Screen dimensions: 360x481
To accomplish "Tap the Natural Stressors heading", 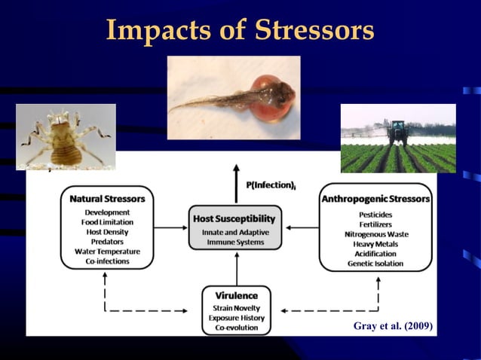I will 107,199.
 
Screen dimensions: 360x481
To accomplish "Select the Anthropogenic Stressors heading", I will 375,199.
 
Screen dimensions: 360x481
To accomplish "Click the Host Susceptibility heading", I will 234,218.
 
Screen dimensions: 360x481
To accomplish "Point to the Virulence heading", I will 237,296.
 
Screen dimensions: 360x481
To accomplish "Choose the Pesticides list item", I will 375,215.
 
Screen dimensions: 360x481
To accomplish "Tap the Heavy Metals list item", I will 375,244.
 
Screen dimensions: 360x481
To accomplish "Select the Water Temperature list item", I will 107,252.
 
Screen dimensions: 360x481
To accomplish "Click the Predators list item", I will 107,242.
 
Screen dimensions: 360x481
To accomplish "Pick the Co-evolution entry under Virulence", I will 237,328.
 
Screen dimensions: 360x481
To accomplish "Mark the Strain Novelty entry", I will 237,307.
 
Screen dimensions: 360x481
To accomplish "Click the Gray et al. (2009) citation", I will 393,325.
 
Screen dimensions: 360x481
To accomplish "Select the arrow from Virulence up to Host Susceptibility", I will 237,267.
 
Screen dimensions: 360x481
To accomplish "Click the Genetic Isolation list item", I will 375,264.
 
